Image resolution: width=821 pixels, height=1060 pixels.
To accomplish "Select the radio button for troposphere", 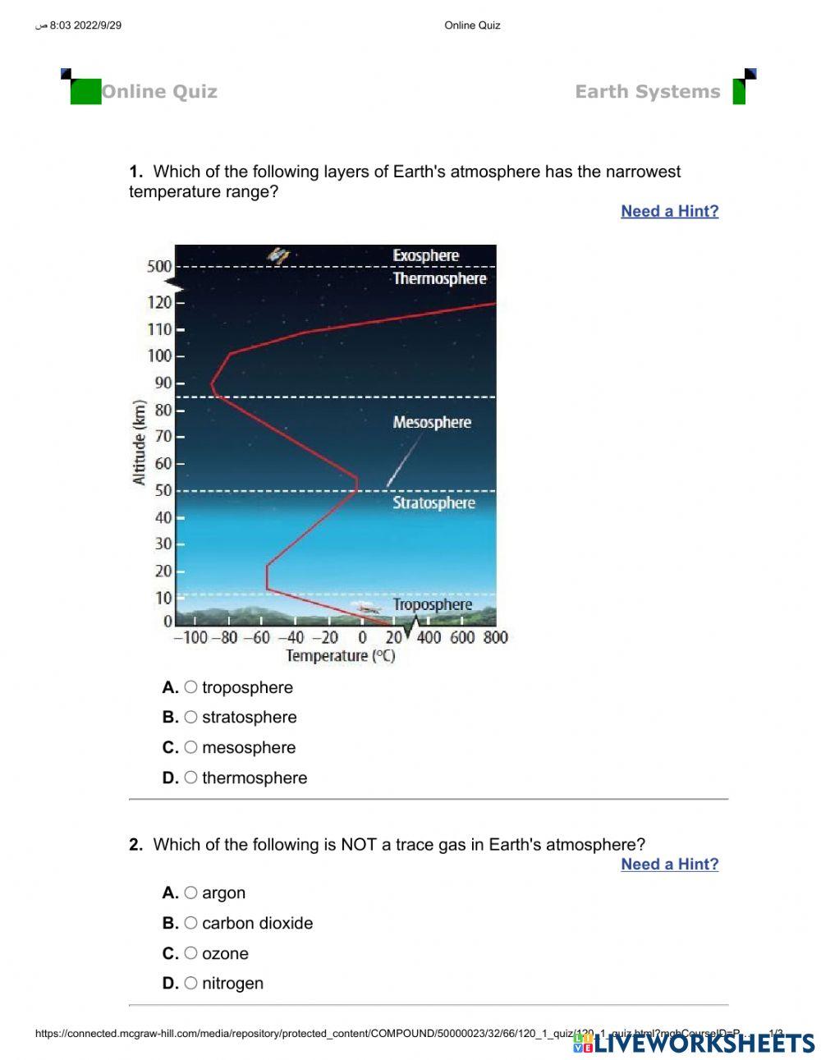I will (190, 687).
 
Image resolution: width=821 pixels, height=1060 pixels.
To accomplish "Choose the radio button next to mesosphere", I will (190, 747).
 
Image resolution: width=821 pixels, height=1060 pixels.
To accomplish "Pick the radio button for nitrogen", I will (190, 983).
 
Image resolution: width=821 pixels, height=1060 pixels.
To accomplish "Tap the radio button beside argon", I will (190, 893).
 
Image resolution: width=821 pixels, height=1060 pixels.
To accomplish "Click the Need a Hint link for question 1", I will (669, 211).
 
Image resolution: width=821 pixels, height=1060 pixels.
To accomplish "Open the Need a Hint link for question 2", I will (669, 864).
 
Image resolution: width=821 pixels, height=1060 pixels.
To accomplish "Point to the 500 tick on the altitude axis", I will (160, 266).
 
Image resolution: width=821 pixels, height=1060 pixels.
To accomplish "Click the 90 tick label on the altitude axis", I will (163, 383).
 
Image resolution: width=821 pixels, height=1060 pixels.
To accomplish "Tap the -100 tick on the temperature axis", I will (190, 638).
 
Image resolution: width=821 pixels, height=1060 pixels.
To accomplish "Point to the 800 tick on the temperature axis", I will (495, 638).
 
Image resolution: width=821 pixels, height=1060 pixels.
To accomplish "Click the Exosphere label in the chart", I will (425, 255).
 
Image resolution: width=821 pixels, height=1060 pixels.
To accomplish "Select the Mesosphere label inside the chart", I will (432, 423).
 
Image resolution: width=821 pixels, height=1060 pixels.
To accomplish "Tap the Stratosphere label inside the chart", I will (433, 502).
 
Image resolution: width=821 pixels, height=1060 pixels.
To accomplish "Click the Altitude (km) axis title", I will (140, 443).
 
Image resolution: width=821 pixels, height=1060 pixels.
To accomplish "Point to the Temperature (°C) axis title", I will (340, 656).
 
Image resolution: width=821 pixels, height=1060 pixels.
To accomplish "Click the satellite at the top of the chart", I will (279, 255).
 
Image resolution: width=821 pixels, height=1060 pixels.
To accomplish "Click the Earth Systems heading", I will (647, 92).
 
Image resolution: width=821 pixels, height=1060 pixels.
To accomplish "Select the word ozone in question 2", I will (225, 953).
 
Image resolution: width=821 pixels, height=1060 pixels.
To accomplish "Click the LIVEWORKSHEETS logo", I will (694, 1043).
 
